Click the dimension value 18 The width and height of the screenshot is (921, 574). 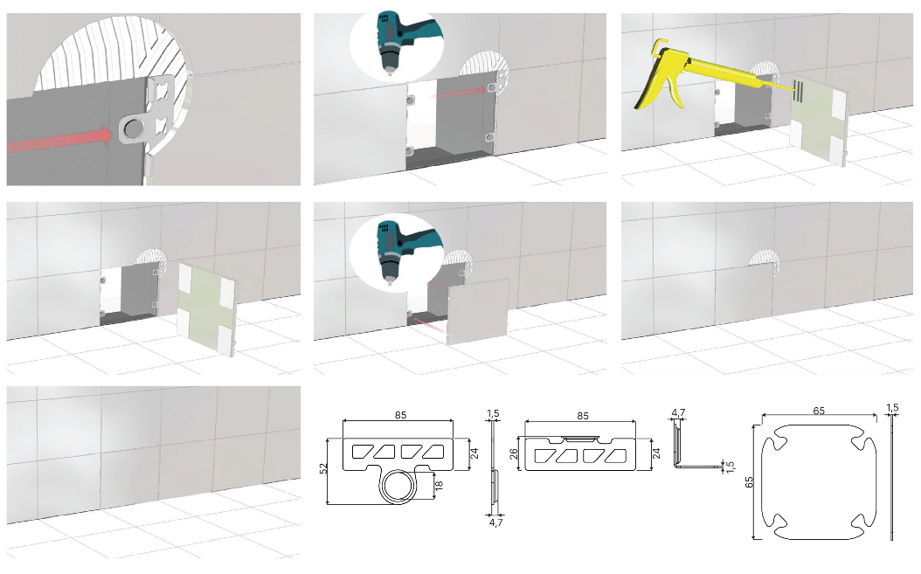pos(438,485)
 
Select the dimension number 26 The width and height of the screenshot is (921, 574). pos(513,454)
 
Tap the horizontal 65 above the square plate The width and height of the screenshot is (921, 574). pos(819,411)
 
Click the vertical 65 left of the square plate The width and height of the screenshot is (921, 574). pos(749,481)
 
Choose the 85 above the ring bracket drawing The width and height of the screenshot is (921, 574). pos(400,415)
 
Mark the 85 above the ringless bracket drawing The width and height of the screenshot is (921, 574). pos(582,415)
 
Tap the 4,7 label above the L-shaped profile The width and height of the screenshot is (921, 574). pos(678,412)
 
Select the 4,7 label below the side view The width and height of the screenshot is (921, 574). pos(495,522)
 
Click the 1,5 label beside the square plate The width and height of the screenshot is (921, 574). pos(891,408)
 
